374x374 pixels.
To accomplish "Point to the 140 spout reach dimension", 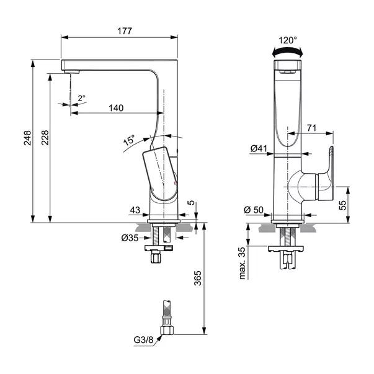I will click(115, 107).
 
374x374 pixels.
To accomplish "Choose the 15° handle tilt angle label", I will click(128, 140).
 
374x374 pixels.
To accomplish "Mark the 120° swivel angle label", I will click(287, 40).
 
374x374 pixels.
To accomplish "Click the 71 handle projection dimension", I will click(312, 128).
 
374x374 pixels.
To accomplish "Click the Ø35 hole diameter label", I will click(131, 237).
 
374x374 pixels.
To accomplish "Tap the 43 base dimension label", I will click(136, 210).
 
